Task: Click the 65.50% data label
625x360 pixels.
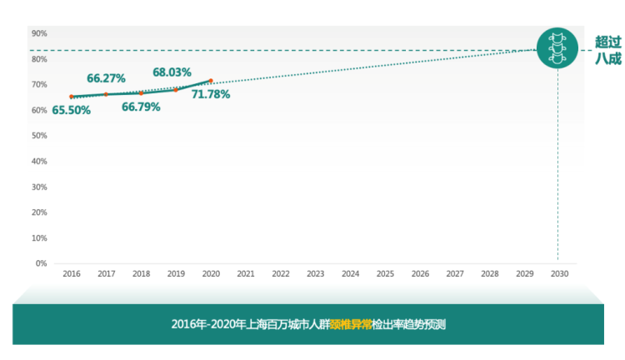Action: [x=71, y=110]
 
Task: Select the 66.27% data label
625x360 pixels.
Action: [x=106, y=78]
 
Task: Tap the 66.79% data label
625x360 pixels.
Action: [x=141, y=107]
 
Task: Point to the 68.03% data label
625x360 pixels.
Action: [x=172, y=72]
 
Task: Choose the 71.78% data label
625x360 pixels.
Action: [x=211, y=94]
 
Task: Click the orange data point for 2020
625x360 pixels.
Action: [x=211, y=81]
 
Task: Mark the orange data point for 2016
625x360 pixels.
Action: [x=72, y=97]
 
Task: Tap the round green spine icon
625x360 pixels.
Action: [x=557, y=48]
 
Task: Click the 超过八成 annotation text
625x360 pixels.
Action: [x=607, y=50]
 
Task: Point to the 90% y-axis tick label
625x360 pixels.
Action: [x=39, y=33]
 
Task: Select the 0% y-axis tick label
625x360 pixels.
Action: [x=41, y=263]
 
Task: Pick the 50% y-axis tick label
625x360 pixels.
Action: [x=39, y=136]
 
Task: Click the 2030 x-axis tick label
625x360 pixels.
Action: [x=559, y=273]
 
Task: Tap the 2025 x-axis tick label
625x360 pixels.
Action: [x=385, y=273]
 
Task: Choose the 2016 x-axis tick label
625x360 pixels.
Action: [x=72, y=273]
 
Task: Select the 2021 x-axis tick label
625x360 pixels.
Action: [x=246, y=273]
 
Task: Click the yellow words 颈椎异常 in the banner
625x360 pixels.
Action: [x=351, y=324]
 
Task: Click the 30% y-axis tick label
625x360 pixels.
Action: [x=39, y=187]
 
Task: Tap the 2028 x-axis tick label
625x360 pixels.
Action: [x=490, y=273]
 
